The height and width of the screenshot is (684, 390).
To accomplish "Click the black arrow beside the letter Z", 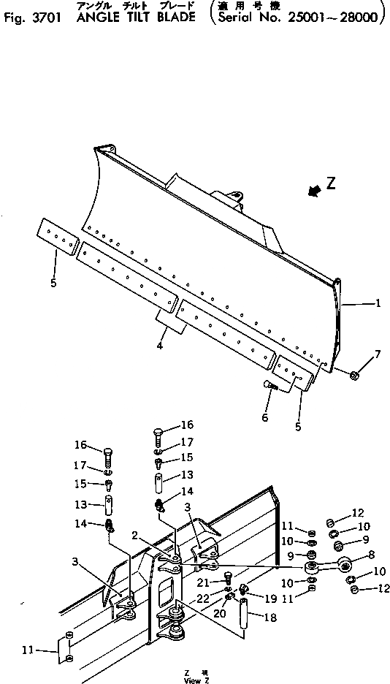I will click(x=315, y=190).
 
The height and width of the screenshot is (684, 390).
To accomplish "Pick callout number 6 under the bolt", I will click(x=265, y=417).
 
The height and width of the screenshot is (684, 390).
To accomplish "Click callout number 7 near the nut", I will click(x=377, y=355).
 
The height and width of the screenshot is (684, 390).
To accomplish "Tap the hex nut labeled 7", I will click(x=353, y=376).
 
